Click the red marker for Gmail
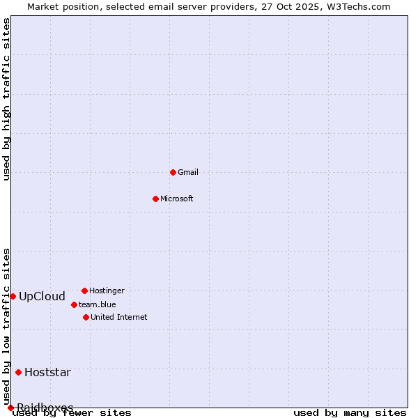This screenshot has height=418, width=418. pos(173,172)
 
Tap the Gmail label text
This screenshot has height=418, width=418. pos(188,172)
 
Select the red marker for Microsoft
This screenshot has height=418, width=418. pos(156,199)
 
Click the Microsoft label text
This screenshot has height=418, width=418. pos(177,199)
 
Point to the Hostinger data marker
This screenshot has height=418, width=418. pos(84,291)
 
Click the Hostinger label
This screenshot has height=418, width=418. pos(107,291)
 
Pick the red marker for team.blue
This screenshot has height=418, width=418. pos(74,304)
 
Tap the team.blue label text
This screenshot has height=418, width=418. pos(98,304)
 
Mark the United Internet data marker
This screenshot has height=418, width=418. pos(86,317)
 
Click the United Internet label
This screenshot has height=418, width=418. pos(119,317)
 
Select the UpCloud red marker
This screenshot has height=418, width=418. pos(13,296)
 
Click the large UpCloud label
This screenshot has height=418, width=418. pos(42,296)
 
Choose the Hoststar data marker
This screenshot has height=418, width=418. pos(18,372)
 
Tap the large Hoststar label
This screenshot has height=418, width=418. pos(47,372)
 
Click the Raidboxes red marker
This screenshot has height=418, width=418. pos(10,408)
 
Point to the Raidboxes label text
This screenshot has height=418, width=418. pos(45,407)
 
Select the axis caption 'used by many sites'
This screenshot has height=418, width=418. pos(350,413)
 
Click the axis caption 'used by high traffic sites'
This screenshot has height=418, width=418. pos(6,99)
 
